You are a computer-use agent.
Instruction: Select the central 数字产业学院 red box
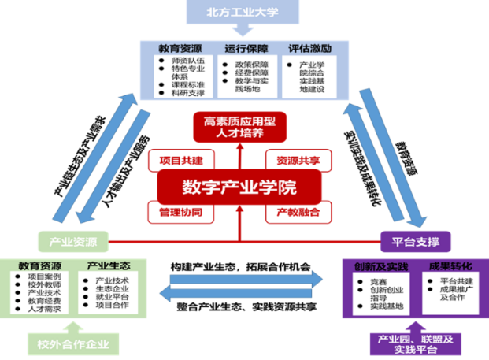(x=239, y=188)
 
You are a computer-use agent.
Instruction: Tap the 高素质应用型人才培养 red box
(x=239, y=128)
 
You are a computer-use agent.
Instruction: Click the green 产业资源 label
(x=72, y=240)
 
